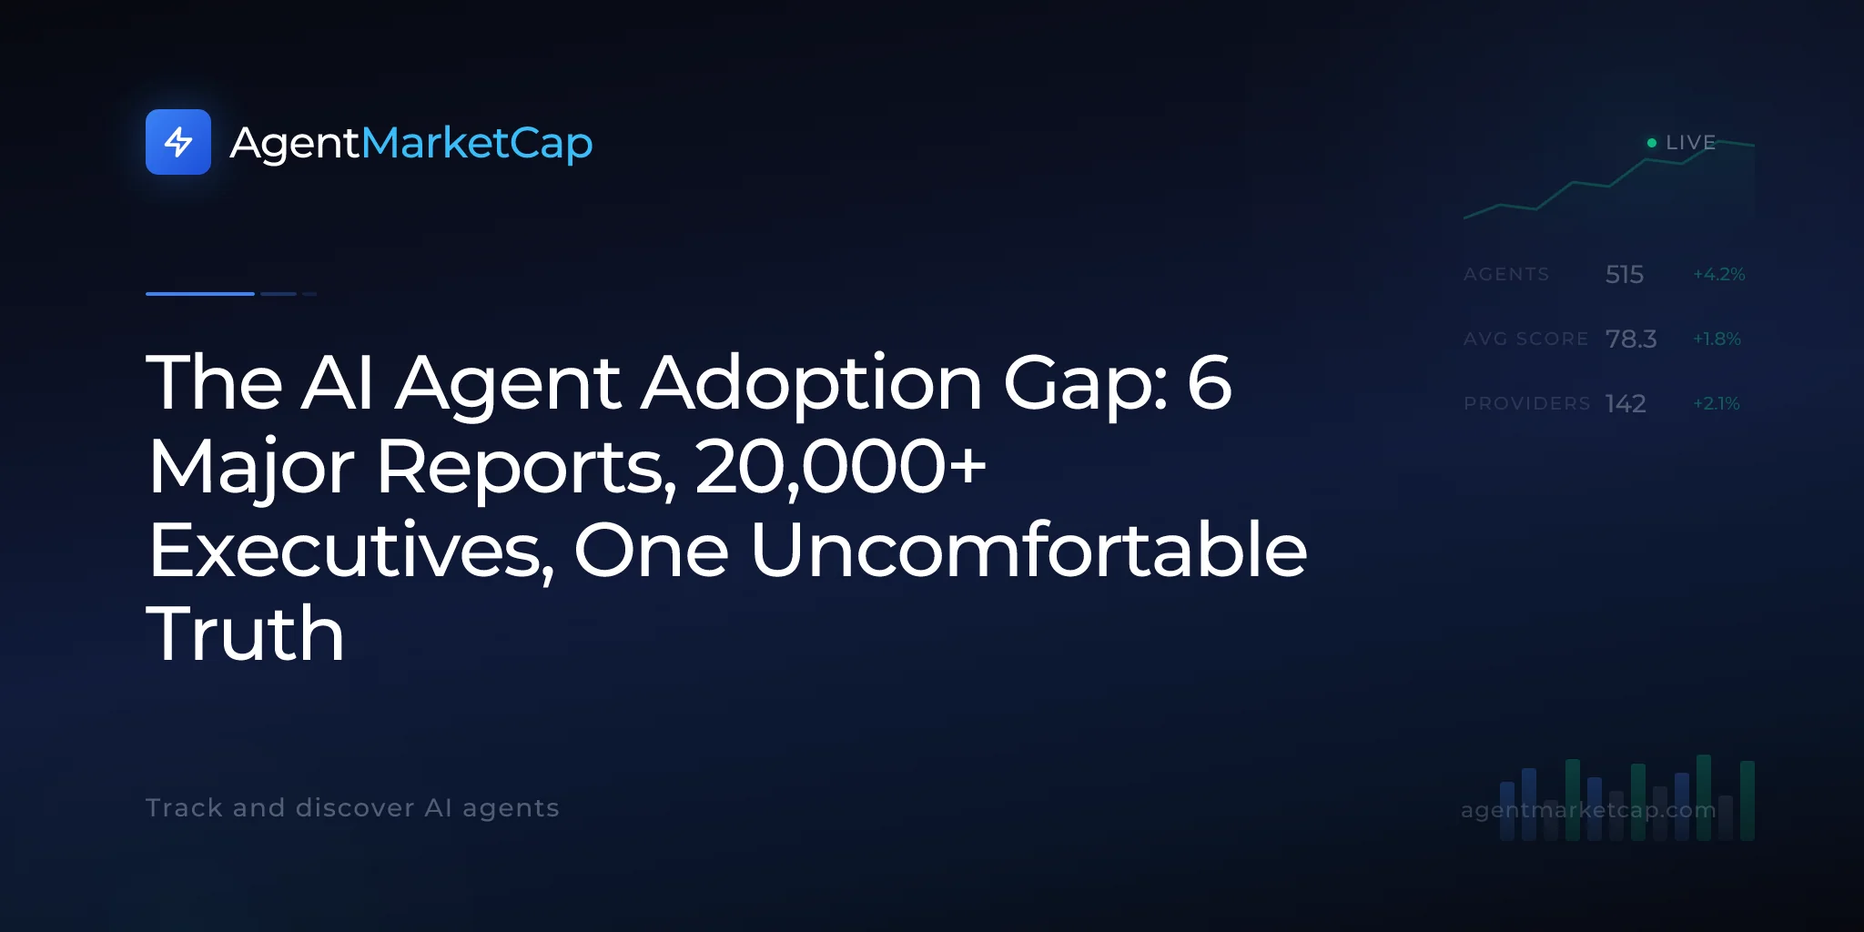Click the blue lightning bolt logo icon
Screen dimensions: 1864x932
click(x=178, y=142)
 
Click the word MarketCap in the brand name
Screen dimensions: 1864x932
click(x=477, y=143)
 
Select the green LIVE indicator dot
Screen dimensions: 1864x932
click(x=1652, y=143)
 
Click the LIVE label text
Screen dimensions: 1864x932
click(x=1690, y=143)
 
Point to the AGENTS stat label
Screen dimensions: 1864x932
click(x=1506, y=274)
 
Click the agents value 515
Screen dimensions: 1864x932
click(x=1625, y=274)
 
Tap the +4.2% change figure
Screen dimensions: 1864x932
click(x=1719, y=274)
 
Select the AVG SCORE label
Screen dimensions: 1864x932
click(x=1526, y=339)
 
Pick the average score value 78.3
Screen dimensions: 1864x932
click(x=1631, y=339)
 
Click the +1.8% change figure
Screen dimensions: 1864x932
click(x=1717, y=339)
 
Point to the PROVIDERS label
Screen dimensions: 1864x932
click(x=1527, y=403)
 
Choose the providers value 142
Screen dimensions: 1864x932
click(x=1626, y=403)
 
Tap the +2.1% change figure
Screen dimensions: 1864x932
click(x=1717, y=403)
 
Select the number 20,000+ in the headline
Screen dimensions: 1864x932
click(x=840, y=467)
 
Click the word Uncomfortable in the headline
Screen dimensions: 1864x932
click(x=1028, y=550)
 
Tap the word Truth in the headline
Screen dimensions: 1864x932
click(x=246, y=633)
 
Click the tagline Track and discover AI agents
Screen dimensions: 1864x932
click(x=352, y=808)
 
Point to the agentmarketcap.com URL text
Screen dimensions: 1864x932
click(x=1588, y=810)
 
